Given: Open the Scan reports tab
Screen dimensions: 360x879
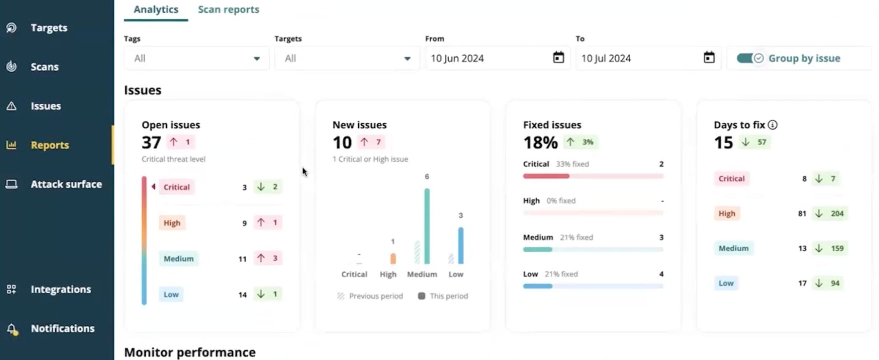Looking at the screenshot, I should [228, 10].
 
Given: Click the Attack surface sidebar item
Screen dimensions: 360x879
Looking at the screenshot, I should [66, 184].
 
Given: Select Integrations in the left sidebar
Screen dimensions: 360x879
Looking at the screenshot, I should [61, 289].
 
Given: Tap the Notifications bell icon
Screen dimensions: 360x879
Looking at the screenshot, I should [12, 329].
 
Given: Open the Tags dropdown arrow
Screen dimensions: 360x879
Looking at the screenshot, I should [256, 58].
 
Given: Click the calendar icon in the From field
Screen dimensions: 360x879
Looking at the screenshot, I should [558, 58].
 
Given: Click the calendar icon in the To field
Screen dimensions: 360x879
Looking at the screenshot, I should [708, 58].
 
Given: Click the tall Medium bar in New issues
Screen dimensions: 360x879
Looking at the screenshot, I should [427, 226].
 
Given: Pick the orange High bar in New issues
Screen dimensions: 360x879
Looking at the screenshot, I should [393, 258].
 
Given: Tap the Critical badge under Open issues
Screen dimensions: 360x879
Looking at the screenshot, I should [176, 187].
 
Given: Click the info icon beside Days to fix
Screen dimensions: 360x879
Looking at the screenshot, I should [772, 125].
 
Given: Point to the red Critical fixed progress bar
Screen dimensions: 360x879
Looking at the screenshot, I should [546, 176].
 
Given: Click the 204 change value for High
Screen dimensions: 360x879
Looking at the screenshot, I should [836, 214].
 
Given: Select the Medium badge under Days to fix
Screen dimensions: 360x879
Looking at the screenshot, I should [733, 248].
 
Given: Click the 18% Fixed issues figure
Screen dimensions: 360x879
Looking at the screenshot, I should [540, 142].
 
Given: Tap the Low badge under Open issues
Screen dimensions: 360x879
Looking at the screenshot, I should [171, 295].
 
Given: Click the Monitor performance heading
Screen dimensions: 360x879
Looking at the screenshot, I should [190, 352].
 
